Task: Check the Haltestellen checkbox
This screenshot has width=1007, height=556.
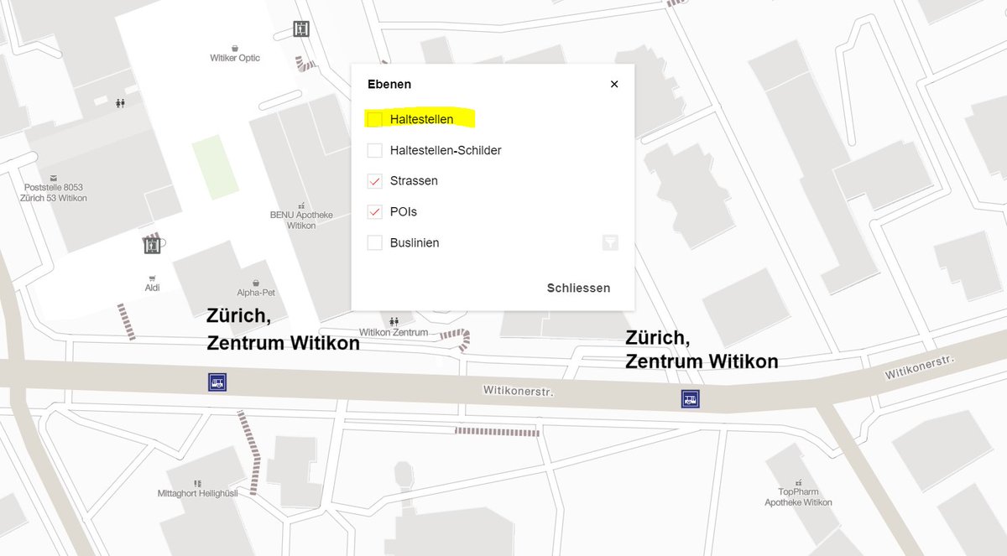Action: pyautogui.click(x=375, y=119)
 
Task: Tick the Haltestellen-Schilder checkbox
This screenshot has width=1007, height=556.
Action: pyautogui.click(x=375, y=151)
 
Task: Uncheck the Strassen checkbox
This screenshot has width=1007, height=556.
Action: pyautogui.click(x=375, y=181)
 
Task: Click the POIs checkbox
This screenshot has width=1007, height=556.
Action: pyautogui.click(x=375, y=212)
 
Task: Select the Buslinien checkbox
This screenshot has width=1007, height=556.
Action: pyautogui.click(x=375, y=243)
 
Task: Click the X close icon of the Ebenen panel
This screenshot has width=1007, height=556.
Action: pyautogui.click(x=614, y=84)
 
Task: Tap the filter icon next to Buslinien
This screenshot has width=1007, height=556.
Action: pyautogui.click(x=610, y=243)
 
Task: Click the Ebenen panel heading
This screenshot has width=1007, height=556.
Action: pyautogui.click(x=389, y=85)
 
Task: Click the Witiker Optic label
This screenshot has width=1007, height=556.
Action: pyautogui.click(x=235, y=58)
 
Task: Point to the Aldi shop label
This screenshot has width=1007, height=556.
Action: pyautogui.click(x=152, y=288)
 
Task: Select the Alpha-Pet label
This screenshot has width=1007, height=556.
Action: pyautogui.click(x=256, y=293)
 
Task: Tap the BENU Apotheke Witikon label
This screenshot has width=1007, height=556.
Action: pyautogui.click(x=301, y=220)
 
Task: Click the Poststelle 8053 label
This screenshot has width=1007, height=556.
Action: pyautogui.click(x=54, y=192)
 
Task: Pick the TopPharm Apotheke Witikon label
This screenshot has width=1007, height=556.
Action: pyautogui.click(x=798, y=497)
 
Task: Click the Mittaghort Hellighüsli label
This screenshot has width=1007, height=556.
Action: pyautogui.click(x=197, y=493)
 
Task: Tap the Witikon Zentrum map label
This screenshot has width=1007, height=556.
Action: pyautogui.click(x=394, y=332)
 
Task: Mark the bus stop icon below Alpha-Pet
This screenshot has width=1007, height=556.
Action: pyautogui.click(x=217, y=383)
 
